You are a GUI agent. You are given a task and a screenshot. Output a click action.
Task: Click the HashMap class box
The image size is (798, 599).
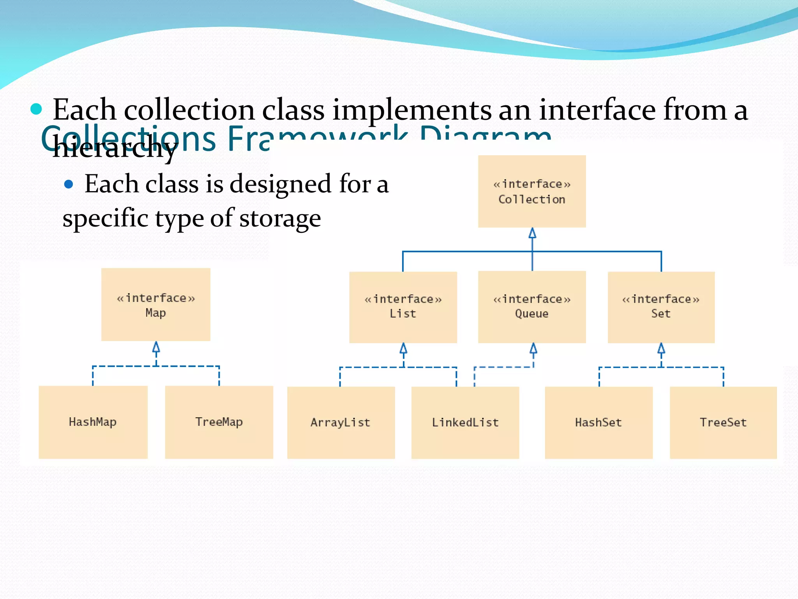(93, 422)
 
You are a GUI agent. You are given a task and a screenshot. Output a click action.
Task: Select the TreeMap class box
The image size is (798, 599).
(219, 422)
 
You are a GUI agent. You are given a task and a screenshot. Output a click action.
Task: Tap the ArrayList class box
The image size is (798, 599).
(341, 422)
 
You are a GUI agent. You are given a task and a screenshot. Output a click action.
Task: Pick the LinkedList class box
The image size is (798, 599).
(465, 422)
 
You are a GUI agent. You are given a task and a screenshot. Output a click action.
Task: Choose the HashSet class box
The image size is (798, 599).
(598, 422)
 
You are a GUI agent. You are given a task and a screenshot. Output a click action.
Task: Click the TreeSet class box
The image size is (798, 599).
(723, 422)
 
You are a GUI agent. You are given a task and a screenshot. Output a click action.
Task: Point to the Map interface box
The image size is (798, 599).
(156, 305)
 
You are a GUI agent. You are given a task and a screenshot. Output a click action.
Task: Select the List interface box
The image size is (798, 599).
(403, 307)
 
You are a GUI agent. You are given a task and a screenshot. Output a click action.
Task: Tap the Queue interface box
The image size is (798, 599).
(532, 307)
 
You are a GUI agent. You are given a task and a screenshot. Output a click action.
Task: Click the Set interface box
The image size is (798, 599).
(661, 307)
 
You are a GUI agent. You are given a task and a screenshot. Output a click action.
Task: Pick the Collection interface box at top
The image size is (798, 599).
(532, 191)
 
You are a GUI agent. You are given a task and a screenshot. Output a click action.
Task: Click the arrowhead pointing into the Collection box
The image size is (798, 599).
(532, 233)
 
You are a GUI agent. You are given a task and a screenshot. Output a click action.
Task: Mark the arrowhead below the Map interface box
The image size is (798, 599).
(156, 347)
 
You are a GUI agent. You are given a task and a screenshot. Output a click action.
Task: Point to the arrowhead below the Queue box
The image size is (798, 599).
(533, 348)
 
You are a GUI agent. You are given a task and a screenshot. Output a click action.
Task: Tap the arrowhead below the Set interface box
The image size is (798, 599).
(661, 348)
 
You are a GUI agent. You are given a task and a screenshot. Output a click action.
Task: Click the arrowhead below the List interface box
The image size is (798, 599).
(404, 348)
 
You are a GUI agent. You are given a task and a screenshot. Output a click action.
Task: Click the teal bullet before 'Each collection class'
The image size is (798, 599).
(36, 109)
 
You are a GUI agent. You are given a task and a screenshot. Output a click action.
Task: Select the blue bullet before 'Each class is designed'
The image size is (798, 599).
(69, 184)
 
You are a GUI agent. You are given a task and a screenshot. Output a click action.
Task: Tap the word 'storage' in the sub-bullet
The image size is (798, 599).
(280, 218)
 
